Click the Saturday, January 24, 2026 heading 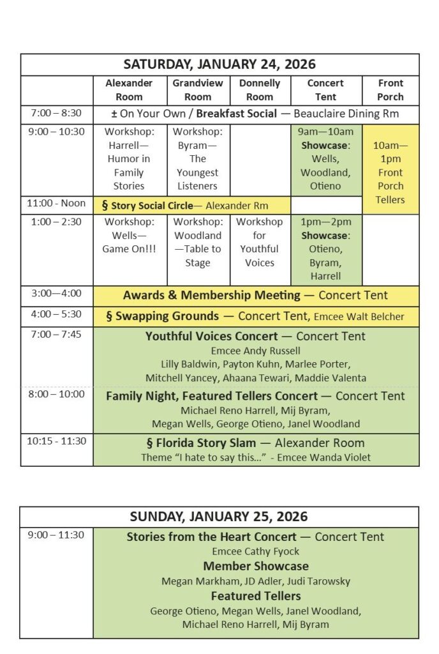(x=219, y=65)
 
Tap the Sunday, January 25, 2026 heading (x=219, y=516)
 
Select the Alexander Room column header (x=129, y=90)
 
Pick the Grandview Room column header (x=198, y=90)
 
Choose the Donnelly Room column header (x=260, y=90)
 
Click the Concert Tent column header (x=325, y=90)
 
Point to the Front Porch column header (x=391, y=90)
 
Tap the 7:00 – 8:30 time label (x=56, y=113)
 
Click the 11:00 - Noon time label (x=56, y=204)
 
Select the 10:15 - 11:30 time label (x=56, y=441)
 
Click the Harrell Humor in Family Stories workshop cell (x=129, y=159)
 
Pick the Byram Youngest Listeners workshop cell (x=198, y=159)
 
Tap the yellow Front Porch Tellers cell (x=391, y=172)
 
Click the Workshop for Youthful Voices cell (x=260, y=242)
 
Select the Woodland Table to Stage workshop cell (x=198, y=242)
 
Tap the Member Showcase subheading (x=256, y=566)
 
